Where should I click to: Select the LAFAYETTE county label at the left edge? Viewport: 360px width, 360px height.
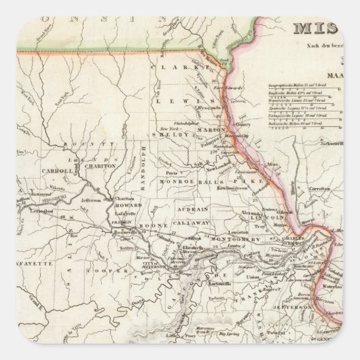pos(39,262)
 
